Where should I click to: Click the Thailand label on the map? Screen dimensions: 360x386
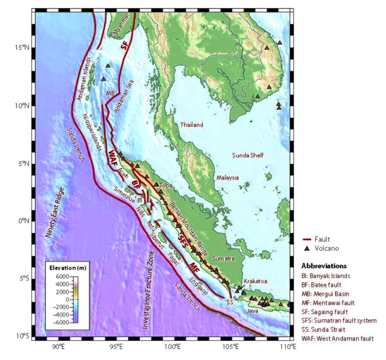click(192, 125)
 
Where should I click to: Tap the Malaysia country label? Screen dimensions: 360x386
click(228, 178)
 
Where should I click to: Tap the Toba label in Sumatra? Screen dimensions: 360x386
click(166, 186)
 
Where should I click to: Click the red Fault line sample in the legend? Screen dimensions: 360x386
click(310, 239)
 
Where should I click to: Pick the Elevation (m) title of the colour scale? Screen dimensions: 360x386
click(68, 267)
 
